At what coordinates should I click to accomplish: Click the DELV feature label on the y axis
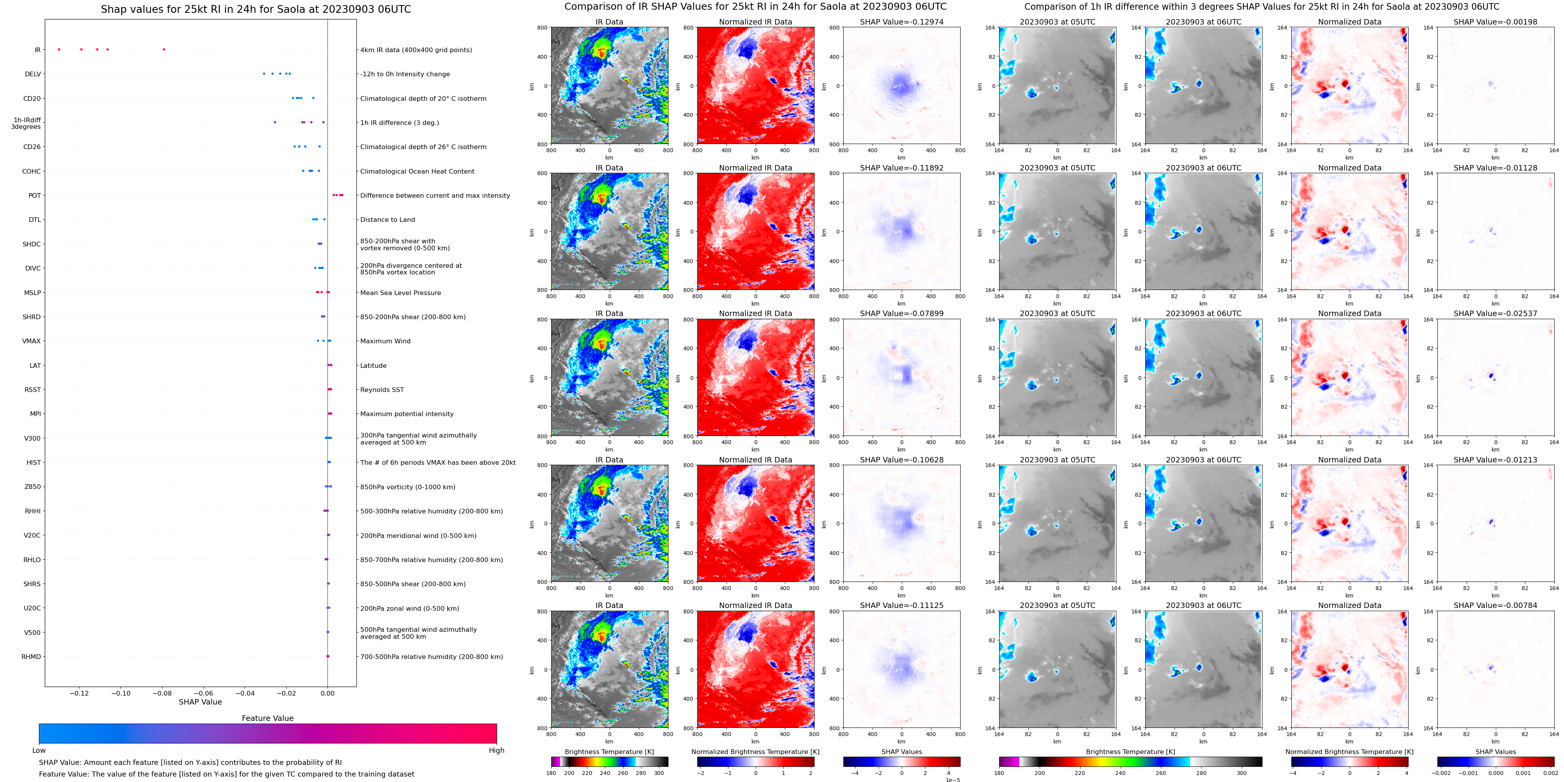click(33, 74)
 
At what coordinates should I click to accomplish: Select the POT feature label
click(35, 195)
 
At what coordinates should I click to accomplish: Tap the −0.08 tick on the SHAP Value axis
click(162, 693)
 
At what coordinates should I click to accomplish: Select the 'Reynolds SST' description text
click(382, 390)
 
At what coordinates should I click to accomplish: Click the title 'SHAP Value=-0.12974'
click(902, 22)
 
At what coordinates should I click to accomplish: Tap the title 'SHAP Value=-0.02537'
click(1495, 314)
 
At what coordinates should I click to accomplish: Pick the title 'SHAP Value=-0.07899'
click(902, 314)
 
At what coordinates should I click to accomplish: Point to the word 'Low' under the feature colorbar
click(39, 750)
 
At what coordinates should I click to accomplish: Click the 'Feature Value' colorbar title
click(268, 718)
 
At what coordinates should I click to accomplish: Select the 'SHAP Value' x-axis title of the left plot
click(200, 702)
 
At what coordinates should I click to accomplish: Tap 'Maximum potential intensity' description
click(407, 414)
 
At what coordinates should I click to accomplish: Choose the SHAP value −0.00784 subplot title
click(1495, 605)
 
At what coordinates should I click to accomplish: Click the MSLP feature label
click(32, 292)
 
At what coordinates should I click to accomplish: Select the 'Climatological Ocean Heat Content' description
click(417, 171)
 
